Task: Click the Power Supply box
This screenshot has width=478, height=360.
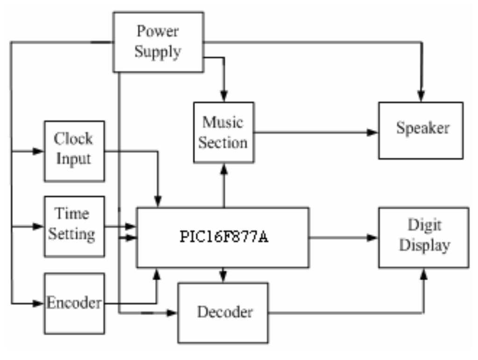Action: (158, 42)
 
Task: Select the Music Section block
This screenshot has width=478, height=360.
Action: (224, 132)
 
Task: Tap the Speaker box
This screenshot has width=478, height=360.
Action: (421, 130)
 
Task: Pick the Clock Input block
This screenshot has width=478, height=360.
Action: (74, 151)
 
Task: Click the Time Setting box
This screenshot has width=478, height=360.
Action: (74, 226)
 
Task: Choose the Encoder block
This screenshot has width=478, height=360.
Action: (74, 304)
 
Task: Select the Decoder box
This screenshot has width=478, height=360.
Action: (223, 312)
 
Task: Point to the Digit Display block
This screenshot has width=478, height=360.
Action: (423, 237)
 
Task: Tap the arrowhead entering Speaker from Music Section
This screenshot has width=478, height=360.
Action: (372, 132)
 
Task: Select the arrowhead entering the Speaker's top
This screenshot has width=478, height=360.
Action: (422, 97)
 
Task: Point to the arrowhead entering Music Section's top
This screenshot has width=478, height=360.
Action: (225, 97)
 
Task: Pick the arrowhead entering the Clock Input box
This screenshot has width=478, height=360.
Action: (39, 152)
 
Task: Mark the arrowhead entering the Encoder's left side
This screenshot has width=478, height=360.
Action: (39, 304)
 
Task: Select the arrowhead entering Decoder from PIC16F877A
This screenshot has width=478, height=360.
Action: (224, 277)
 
